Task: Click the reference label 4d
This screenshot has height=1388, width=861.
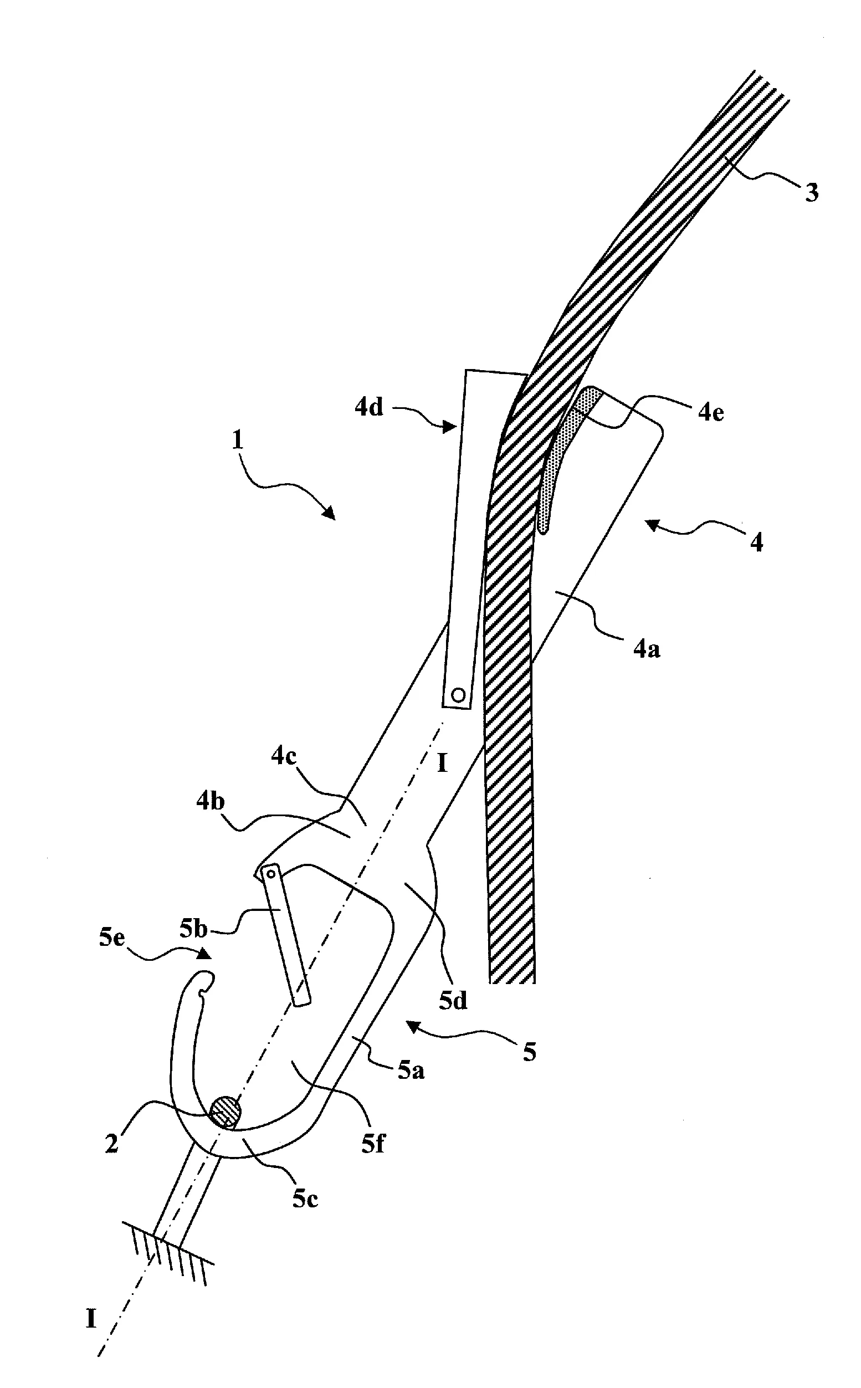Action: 369,408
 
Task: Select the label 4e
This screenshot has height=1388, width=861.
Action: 710,412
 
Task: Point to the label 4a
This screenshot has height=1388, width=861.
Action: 647,648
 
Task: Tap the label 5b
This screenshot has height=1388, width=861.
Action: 193,929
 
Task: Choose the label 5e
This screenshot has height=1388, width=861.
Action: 112,938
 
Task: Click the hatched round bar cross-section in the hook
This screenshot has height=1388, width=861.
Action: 225,1110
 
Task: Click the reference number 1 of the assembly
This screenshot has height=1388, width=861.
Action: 238,440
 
